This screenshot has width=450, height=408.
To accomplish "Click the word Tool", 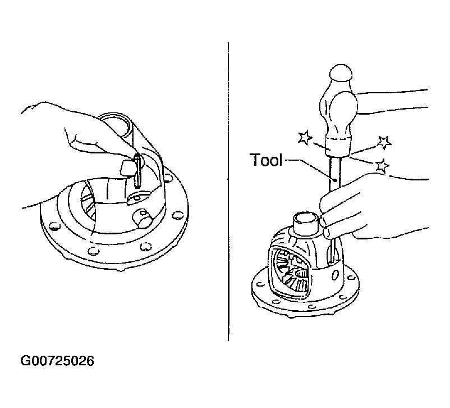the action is pos(266,160).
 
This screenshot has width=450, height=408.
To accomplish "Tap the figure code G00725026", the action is pos(57,361).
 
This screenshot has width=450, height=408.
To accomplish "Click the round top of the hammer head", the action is pos(341,72).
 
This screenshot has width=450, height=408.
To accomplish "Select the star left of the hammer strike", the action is pos(305,137).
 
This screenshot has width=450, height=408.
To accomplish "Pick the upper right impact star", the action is pos(384,142).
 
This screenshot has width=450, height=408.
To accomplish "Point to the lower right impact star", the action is pos(382,166).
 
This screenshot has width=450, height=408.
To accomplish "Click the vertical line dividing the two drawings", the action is pos(228,192).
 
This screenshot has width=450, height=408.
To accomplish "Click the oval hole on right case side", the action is pos(335,275).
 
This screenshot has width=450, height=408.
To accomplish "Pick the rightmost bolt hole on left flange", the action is pos(178,215).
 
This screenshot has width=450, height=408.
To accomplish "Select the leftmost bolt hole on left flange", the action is pos(54,226).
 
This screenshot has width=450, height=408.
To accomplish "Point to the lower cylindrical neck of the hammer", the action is pos(338,147).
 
